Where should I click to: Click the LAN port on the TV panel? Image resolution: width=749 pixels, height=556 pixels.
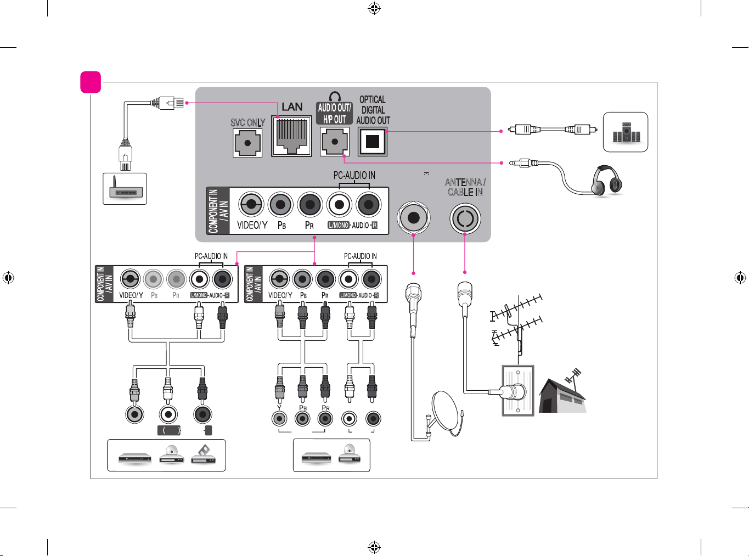(x=291, y=136)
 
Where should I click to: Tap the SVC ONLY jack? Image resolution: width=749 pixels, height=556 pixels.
(x=247, y=143)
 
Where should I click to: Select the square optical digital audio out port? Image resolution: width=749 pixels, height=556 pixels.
(x=373, y=142)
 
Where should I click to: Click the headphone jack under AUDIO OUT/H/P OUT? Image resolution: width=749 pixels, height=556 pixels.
(x=335, y=142)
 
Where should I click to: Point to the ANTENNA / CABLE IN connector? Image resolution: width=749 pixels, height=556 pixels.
(x=465, y=218)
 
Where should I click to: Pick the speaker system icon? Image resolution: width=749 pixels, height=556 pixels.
(x=626, y=132)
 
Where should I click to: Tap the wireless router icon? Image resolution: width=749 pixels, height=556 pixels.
(x=125, y=188)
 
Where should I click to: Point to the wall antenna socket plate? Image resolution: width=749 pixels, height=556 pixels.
(x=518, y=390)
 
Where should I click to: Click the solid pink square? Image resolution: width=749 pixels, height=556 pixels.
(x=91, y=82)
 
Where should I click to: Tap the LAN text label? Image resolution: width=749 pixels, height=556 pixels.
(x=292, y=106)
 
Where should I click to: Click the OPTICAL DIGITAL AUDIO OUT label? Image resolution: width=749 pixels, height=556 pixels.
(x=373, y=110)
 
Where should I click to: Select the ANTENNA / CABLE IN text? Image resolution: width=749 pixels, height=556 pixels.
(x=465, y=187)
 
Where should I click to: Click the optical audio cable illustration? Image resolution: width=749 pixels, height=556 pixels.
(x=553, y=130)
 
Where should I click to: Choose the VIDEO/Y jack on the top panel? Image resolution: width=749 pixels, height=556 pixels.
(x=251, y=204)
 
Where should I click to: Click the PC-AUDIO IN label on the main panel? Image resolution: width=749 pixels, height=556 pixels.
(x=354, y=175)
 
